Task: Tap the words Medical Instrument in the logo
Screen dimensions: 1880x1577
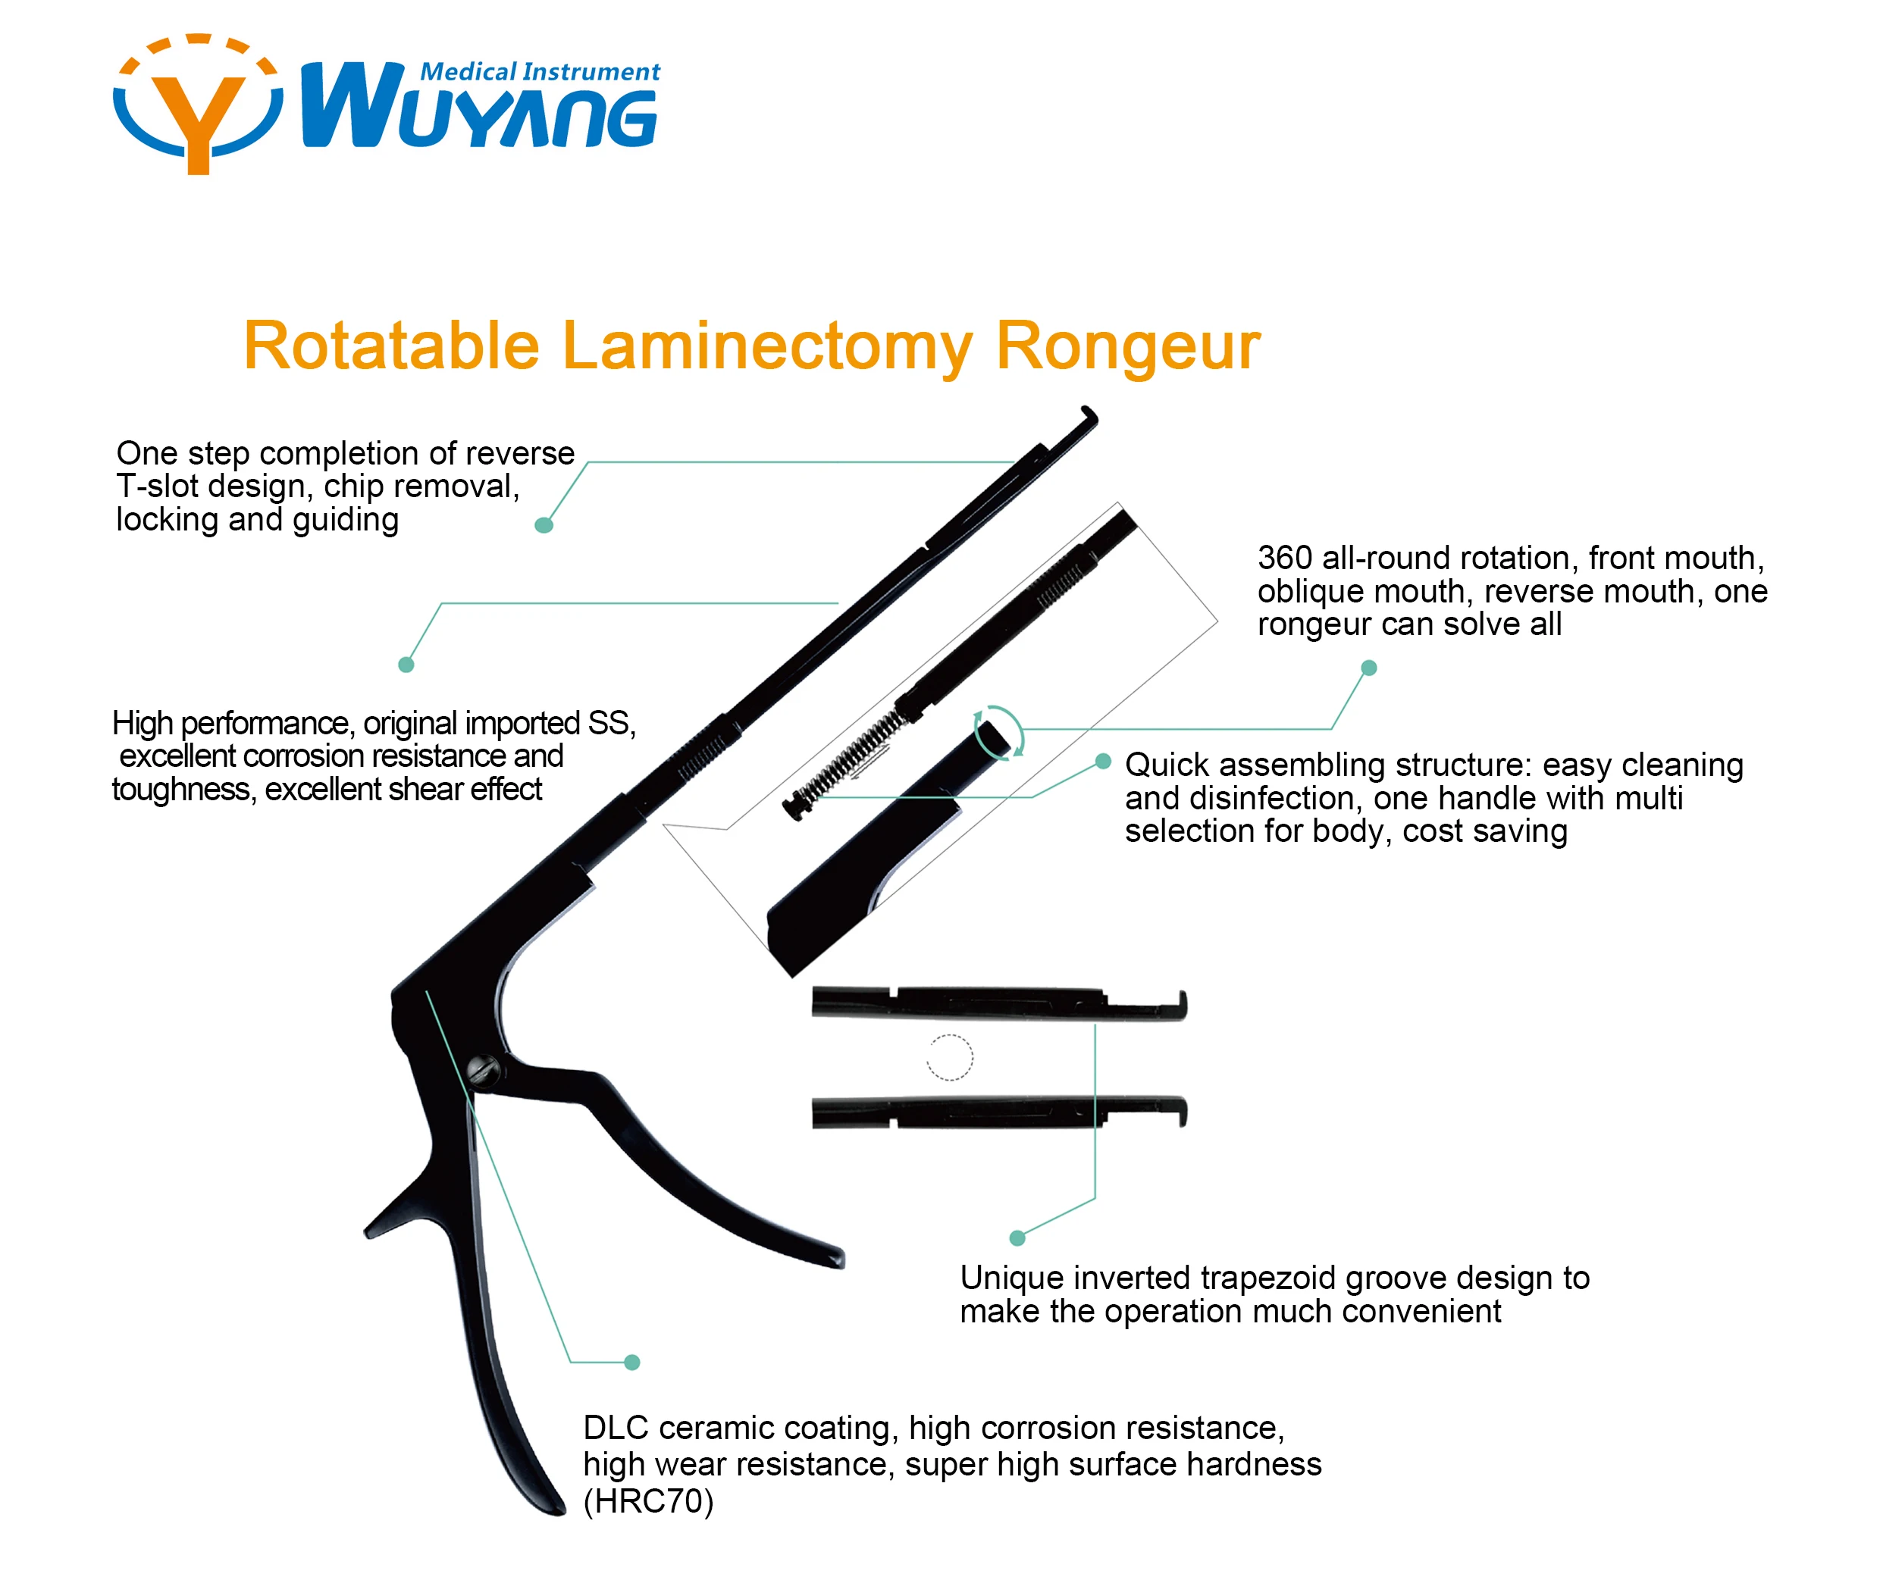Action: coord(540,71)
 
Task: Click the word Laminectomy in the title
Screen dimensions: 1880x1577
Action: coord(767,347)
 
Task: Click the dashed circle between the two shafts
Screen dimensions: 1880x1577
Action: coord(949,1057)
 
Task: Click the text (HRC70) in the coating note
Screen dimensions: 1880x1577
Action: coord(648,1501)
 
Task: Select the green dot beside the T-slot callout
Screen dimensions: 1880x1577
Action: coord(544,525)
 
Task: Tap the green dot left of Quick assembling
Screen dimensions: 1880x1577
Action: coord(1104,762)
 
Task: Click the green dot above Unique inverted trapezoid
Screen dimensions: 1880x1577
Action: coord(1017,1238)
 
